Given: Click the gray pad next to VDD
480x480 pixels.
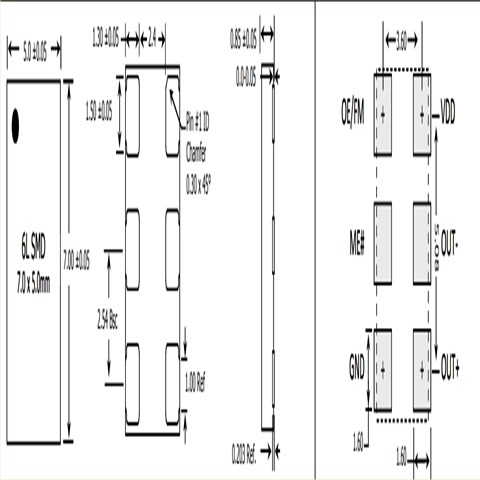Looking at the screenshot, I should [421, 114].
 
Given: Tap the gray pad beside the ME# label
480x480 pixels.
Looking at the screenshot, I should [381, 242].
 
